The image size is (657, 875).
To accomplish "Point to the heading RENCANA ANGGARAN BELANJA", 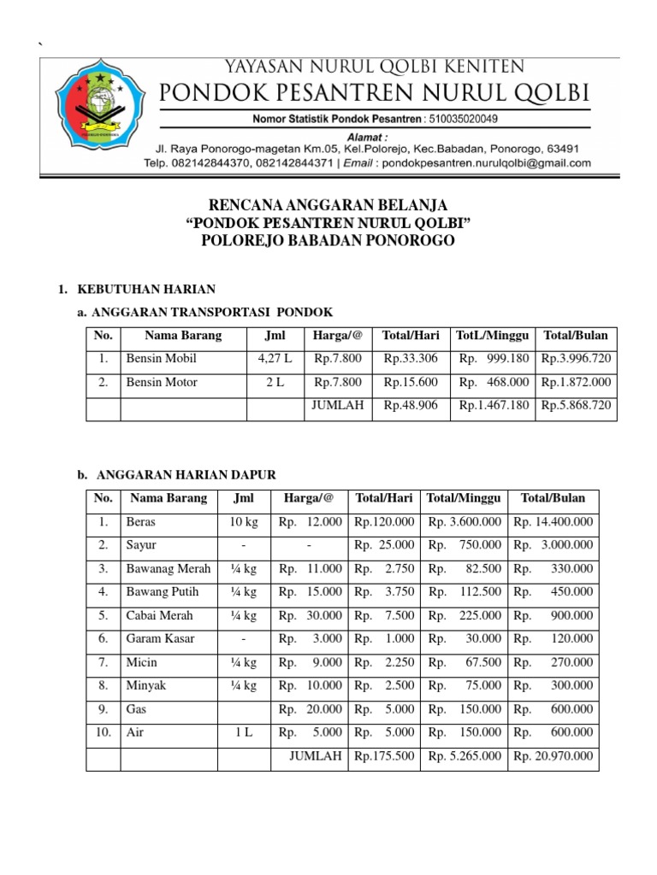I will pos(328,207).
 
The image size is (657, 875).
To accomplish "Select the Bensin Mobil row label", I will pos(162,358).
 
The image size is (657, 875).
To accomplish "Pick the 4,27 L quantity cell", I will pos(275,358).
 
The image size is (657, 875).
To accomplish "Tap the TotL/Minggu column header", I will pos(493,334).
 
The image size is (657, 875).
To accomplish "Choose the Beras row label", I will pos(141,521).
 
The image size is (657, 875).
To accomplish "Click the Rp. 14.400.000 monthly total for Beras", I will pos(553,521).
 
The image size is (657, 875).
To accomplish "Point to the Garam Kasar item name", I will pos(160,638).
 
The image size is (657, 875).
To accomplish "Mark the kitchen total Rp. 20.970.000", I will pos(553,756).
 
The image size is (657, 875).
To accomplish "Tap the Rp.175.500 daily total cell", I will pos(384,756).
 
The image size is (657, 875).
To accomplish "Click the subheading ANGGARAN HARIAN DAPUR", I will pos(186,474).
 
